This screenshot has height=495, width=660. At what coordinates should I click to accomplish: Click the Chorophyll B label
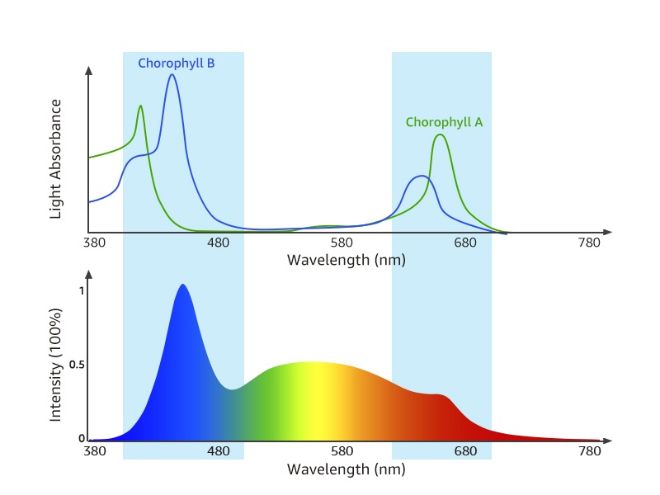[176, 63]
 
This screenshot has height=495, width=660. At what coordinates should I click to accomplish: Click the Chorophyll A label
[444, 122]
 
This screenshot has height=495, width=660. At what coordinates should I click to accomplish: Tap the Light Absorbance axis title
[56, 158]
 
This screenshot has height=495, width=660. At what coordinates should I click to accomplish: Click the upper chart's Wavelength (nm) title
[346, 260]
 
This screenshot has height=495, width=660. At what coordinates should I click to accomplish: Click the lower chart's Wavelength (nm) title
[346, 469]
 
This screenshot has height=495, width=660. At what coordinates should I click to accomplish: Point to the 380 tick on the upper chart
[95, 243]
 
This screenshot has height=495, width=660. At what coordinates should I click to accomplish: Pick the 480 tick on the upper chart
[219, 243]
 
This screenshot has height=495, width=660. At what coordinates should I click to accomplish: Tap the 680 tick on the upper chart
[466, 243]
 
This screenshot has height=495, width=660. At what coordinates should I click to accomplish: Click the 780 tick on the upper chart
[590, 243]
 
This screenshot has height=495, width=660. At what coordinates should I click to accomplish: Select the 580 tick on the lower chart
[342, 452]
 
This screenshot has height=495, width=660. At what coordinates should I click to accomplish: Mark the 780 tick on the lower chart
[590, 452]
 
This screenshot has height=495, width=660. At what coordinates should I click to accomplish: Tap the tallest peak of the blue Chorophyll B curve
[172, 75]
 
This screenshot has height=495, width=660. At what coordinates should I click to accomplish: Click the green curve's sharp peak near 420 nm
[141, 106]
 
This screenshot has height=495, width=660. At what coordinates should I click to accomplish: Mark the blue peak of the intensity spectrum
[182, 285]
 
